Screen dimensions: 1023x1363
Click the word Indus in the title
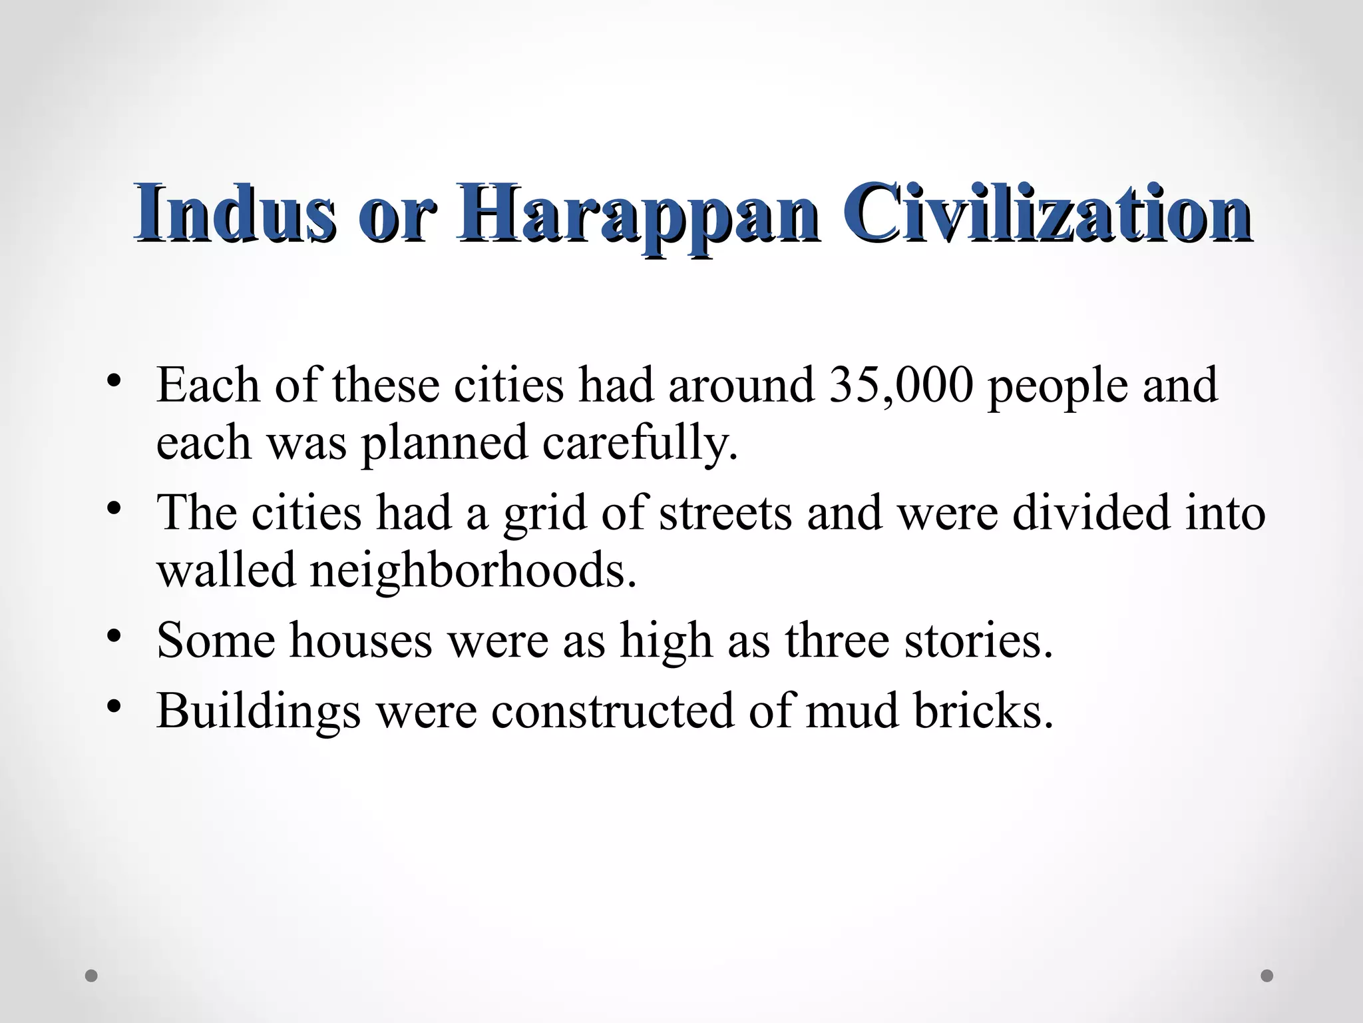(235, 213)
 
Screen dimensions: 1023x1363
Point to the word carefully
(640, 444)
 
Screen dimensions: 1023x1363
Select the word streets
(725, 513)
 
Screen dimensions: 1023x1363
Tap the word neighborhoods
(473, 571)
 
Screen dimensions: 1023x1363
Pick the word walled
(226, 570)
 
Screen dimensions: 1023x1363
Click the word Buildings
(258, 711)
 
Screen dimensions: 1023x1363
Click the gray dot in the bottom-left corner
(92, 976)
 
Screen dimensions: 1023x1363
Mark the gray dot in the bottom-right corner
(1267, 976)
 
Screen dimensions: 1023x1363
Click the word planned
(445, 444)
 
